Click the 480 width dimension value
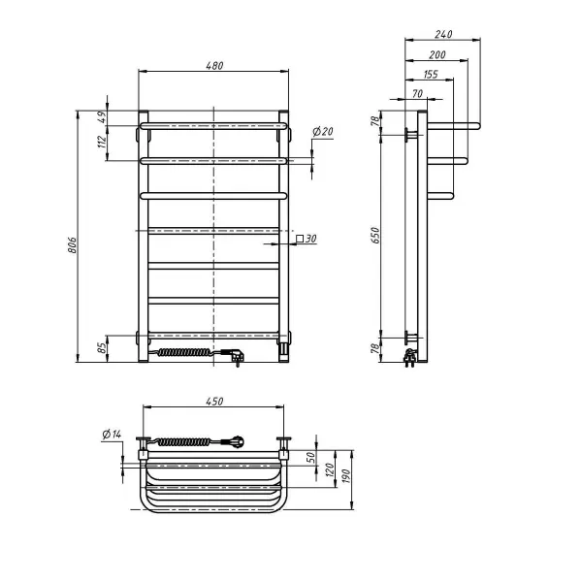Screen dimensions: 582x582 click(213, 66)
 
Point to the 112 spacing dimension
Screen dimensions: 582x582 click(101, 144)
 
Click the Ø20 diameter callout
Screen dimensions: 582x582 click(323, 131)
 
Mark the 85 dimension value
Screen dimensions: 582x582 click(101, 345)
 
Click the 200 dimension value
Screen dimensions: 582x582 click(436, 55)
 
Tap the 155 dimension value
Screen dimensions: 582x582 click(430, 75)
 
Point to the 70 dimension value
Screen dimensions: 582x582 click(417, 93)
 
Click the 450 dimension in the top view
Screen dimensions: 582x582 click(213, 401)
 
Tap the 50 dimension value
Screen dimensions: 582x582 click(310, 457)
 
